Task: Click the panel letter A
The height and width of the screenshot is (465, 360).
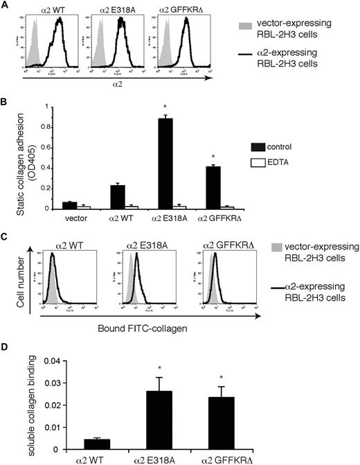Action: coord(5,6)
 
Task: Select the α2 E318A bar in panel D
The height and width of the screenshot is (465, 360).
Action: coord(179,420)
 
